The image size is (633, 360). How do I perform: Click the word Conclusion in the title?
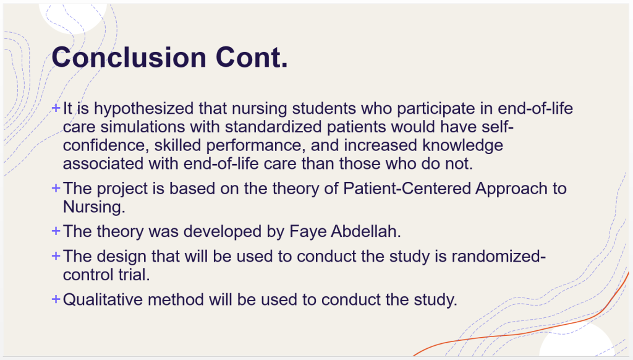click(x=129, y=57)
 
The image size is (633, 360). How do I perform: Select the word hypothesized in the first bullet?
click(x=143, y=109)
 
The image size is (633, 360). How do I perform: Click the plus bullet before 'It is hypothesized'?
click(x=56, y=108)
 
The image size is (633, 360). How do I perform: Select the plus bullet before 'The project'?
click(x=56, y=188)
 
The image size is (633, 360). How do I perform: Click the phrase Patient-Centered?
click(x=407, y=189)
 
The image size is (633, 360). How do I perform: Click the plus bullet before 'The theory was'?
click(x=56, y=231)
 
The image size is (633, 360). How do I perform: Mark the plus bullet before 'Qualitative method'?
click(x=56, y=299)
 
